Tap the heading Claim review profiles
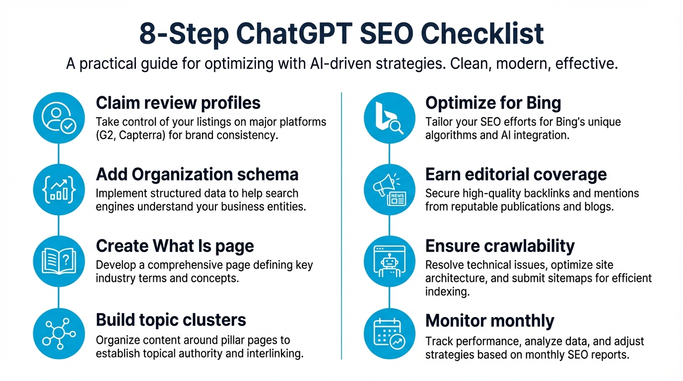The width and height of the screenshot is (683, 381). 178,103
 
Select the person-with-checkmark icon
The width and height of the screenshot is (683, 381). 59,118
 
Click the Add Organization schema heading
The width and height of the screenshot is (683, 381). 197,175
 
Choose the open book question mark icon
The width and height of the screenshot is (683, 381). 59,260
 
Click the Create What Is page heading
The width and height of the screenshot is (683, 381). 175,246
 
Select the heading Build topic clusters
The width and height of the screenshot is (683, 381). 171,320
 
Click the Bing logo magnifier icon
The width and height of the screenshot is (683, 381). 389,118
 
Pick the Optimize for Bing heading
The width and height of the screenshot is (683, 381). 493,103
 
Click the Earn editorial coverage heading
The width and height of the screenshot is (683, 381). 516,175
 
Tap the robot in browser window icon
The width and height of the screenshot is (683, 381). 389,260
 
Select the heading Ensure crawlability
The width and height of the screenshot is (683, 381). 500,246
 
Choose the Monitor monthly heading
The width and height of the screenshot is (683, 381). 489,321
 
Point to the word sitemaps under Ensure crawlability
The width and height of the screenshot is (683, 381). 564,278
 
